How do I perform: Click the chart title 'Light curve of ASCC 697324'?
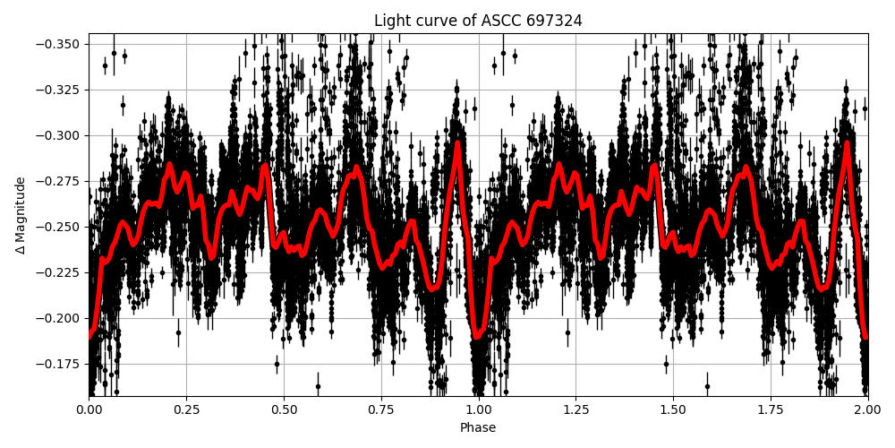478,21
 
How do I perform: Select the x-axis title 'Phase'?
478,428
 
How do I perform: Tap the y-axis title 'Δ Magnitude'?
20,215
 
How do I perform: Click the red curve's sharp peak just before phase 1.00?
457,142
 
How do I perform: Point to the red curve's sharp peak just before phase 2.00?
847,142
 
